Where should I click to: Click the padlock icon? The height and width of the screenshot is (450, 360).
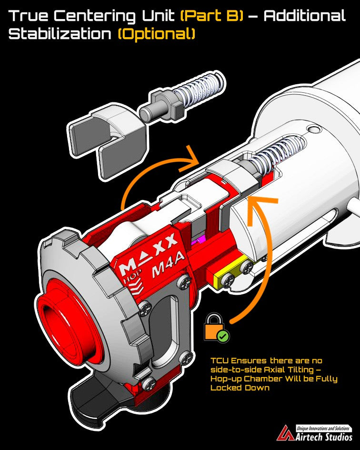pyautogui.click(x=213, y=327)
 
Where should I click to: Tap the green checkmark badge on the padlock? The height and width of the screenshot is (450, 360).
pyautogui.click(x=222, y=336)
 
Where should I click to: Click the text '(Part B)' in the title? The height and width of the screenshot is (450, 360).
pyautogui.click(x=212, y=16)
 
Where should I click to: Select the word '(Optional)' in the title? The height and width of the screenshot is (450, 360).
pyautogui.click(x=156, y=34)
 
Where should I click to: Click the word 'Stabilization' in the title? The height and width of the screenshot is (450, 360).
pyautogui.click(x=60, y=34)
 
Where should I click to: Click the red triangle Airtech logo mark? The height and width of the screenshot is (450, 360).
pyautogui.click(x=286, y=433)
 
